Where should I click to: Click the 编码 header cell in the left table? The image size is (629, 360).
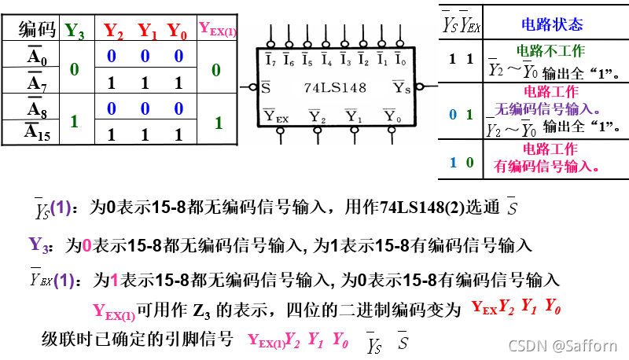click(37, 30)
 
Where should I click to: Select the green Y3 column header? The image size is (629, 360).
click(75, 31)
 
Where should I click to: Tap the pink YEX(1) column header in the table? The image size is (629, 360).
click(218, 30)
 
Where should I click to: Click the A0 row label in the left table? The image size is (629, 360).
click(37, 56)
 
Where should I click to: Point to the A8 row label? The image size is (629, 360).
click(37, 108)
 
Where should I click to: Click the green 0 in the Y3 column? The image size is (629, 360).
click(75, 69)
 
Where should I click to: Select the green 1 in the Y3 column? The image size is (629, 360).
click(75, 122)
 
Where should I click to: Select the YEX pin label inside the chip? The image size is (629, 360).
click(277, 117)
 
